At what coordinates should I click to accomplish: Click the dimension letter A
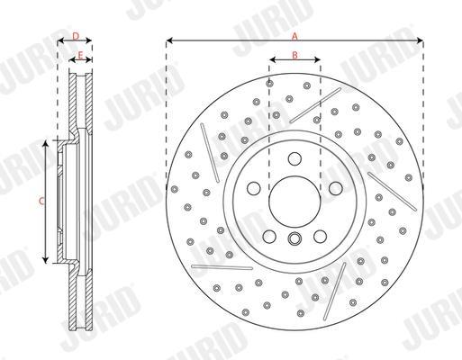pyautogui.click(x=294, y=37)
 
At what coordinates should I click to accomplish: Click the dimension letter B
pyautogui.click(x=294, y=55)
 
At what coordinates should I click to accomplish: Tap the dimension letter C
pyautogui.click(x=42, y=201)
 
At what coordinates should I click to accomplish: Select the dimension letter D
pyautogui.click(x=76, y=36)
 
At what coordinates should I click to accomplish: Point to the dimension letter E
pyautogui.click(x=80, y=55)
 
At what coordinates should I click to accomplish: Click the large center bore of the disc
pyautogui.click(x=294, y=202)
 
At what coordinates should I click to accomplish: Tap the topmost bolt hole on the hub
pyautogui.click(x=294, y=158)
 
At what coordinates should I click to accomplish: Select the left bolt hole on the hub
pyautogui.click(x=254, y=188)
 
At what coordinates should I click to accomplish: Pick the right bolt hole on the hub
pyautogui.click(x=336, y=188)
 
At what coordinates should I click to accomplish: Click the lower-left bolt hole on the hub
pyautogui.click(x=269, y=237)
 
